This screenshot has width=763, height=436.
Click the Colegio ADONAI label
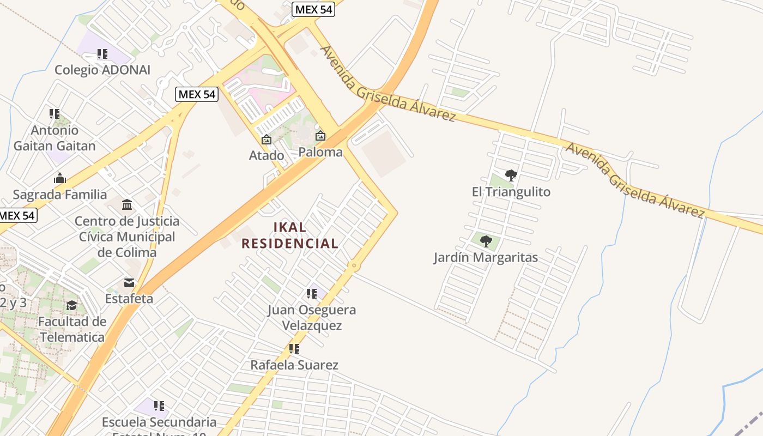click(102, 70)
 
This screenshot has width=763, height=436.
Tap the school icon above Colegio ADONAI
click(102, 54)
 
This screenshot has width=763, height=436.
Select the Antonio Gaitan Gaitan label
click(55, 138)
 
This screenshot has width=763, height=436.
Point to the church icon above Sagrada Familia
click(60, 178)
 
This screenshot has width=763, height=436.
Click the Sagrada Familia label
click(60, 195)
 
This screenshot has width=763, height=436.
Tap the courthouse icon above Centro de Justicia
click(127, 205)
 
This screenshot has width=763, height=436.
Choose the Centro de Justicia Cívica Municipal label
click(127, 237)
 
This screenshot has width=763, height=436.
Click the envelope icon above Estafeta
click(129, 282)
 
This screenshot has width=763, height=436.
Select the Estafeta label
click(129, 299)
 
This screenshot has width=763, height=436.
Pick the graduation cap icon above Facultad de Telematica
click(72, 305)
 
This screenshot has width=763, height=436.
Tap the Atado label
click(267, 155)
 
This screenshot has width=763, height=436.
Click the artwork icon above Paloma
click(320, 136)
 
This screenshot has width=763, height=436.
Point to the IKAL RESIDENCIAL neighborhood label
click(290, 235)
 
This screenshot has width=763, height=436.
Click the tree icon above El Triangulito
click(511, 175)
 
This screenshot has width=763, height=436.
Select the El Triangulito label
click(511, 192)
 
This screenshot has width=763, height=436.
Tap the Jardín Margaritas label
click(486, 257)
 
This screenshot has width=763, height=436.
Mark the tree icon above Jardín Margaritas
click(486, 241)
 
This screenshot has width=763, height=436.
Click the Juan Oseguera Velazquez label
click(312, 317)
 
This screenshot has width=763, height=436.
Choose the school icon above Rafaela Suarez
click(294, 348)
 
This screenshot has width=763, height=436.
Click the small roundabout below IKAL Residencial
click(354, 265)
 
